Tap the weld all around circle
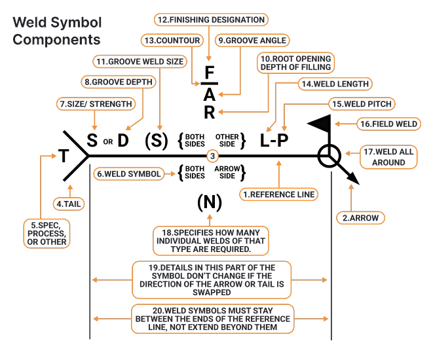point(329,156)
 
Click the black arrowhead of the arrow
point(352,179)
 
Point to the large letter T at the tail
point(64,156)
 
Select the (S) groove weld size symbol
point(157,139)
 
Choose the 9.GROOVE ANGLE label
point(252,41)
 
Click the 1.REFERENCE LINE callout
point(280,194)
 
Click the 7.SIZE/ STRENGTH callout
point(96,103)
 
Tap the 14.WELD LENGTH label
point(334,84)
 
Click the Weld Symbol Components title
point(57,30)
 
